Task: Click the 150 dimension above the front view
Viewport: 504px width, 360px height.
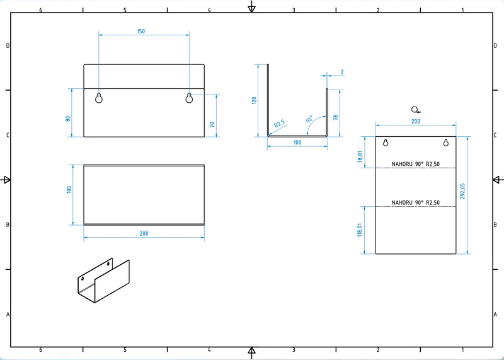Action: [140, 31]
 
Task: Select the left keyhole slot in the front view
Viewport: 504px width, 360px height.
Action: [99, 98]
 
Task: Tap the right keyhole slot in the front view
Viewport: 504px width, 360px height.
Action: [189, 98]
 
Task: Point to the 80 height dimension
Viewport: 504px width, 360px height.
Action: [67, 119]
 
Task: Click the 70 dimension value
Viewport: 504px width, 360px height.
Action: [212, 124]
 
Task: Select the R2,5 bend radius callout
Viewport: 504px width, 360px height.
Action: [280, 125]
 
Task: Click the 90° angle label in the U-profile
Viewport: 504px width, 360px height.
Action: [310, 119]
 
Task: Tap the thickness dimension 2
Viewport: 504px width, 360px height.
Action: [341, 72]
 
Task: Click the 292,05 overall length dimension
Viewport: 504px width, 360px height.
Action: [463, 190]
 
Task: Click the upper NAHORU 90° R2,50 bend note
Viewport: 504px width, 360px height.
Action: [415, 164]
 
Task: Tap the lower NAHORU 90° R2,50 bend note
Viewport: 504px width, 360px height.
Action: [415, 202]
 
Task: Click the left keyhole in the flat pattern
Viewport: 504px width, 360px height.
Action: [385, 142]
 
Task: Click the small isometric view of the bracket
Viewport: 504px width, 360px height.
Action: [103, 281]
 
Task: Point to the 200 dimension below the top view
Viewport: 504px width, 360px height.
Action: [144, 233]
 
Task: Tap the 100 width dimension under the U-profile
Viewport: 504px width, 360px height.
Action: [297, 142]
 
